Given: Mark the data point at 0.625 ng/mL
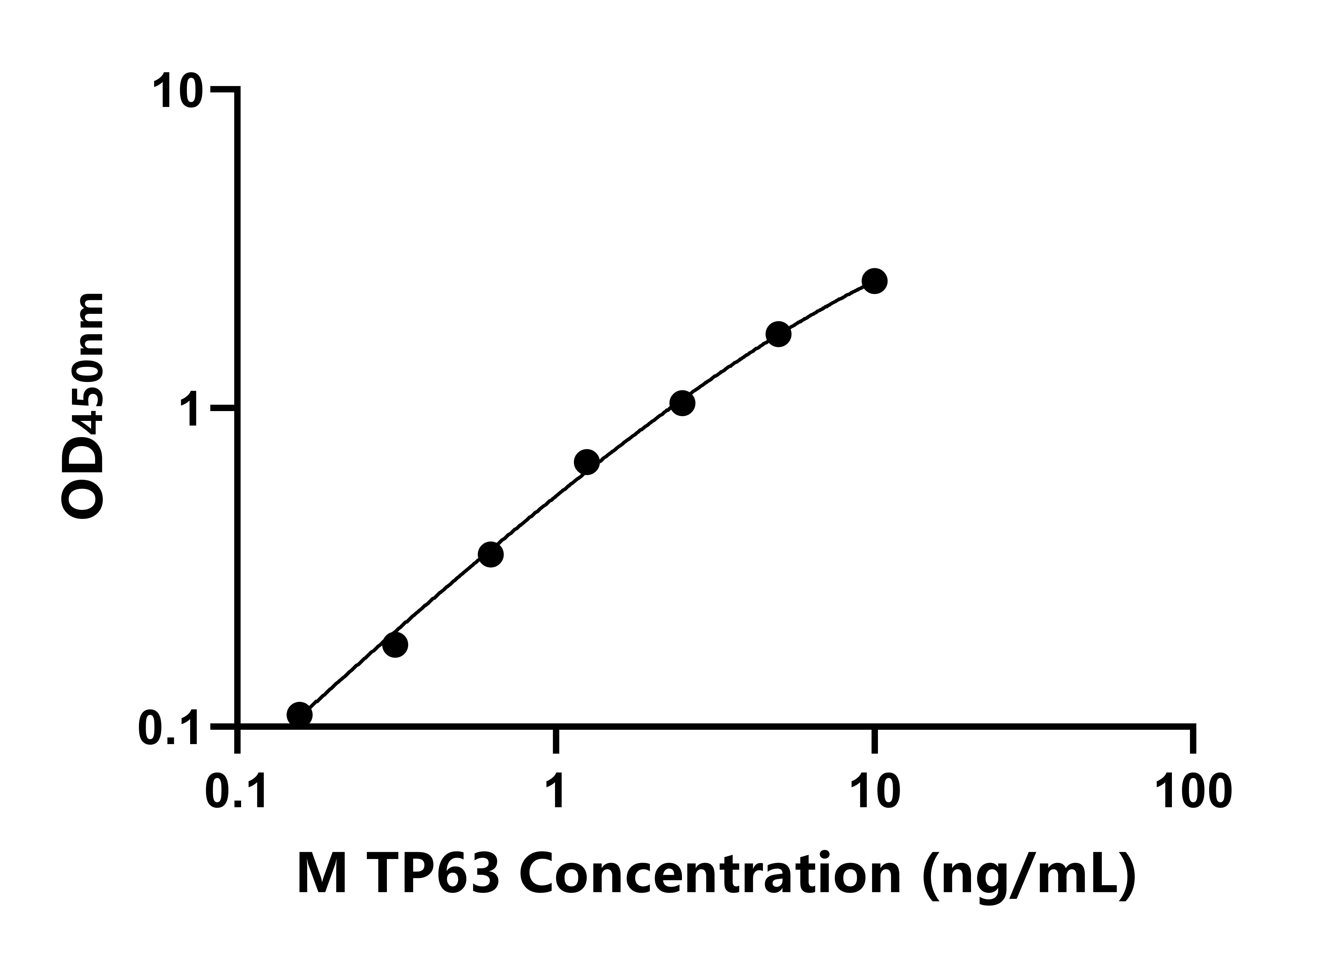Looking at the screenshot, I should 491,554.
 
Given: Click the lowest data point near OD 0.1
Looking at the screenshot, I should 300,715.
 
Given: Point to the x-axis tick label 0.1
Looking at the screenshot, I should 237,792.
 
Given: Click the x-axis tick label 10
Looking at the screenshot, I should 875,792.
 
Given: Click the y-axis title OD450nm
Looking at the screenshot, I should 84,406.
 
